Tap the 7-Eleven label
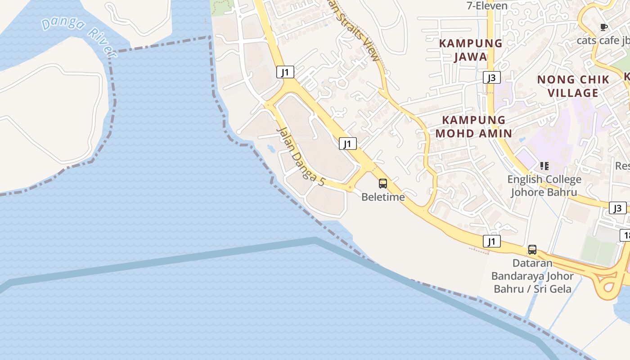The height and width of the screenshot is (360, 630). (x=487, y=6)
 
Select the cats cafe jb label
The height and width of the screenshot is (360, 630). (x=603, y=40)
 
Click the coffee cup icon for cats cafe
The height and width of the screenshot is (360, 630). (x=604, y=27)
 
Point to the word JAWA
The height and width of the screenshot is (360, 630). (x=471, y=57)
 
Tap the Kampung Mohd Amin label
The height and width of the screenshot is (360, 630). (x=473, y=126)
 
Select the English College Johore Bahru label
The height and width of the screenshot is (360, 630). (x=544, y=186)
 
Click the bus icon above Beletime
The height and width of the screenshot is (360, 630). (x=383, y=184)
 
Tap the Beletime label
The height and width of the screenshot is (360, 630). (x=383, y=197)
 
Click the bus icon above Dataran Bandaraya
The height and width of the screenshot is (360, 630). (x=532, y=250)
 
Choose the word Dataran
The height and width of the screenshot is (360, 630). (x=532, y=263)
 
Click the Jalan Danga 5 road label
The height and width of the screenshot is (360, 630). (x=300, y=157)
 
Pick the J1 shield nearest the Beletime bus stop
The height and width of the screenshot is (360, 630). (x=347, y=144)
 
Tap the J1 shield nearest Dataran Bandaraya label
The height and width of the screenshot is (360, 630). (x=492, y=242)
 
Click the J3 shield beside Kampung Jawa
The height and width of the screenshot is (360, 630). (x=492, y=78)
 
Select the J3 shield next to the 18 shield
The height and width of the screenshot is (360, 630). (x=617, y=208)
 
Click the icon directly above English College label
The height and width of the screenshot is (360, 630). (x=544, y=166)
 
